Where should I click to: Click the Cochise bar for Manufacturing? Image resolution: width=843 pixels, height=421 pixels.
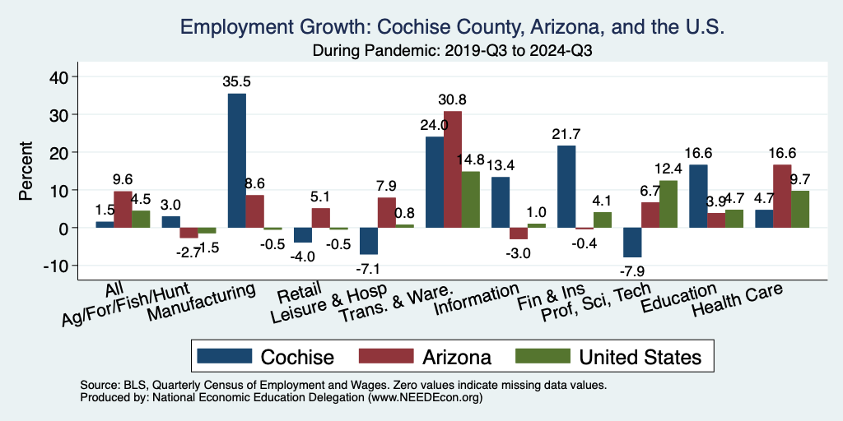pos(236,160)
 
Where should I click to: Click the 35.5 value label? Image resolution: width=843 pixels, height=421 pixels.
pos(236,81)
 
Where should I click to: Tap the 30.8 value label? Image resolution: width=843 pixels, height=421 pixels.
pos(452,99)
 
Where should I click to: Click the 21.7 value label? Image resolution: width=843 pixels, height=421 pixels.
pos(566,133)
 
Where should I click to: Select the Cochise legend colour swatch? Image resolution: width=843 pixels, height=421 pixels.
pos(225,356)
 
